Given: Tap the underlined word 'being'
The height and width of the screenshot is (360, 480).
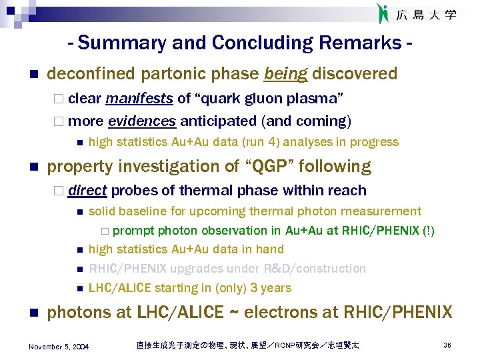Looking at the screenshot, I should pyautogui.click(x=285, y=73).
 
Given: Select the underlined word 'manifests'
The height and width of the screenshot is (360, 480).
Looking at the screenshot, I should pyautogui.click(x=139, y=99).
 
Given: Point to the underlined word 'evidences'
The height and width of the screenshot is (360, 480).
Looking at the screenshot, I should pyautogui.click(x=141, y=121).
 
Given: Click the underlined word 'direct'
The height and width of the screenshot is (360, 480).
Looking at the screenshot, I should pyautogui.click(x=87, y=191).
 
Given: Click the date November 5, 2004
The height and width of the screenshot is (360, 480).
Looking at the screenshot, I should pyautogui.click(x=59, y=346).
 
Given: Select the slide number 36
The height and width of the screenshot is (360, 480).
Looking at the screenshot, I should pyautogui.click(x=447, y=345).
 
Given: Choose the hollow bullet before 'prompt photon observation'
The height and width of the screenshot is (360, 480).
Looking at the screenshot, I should pyautogui.click(x=105, y=231).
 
